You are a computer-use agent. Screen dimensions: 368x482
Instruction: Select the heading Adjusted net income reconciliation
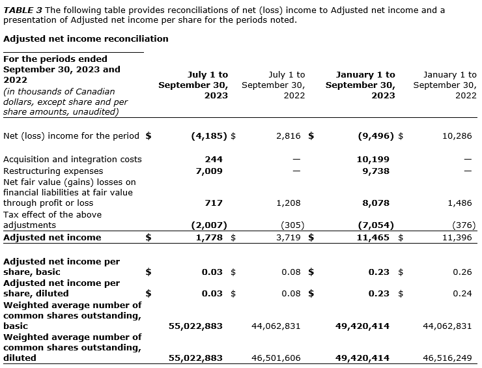[86, 38]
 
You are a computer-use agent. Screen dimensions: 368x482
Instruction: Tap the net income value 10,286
[457, 136]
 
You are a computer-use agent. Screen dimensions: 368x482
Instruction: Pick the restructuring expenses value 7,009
[209, 171]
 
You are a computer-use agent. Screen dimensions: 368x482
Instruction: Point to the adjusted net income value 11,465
[376, 238]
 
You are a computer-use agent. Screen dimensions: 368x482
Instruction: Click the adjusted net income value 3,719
[288, 238]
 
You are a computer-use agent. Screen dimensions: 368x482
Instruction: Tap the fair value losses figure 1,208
[288, 203]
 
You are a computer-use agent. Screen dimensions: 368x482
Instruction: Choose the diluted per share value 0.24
[462, 294]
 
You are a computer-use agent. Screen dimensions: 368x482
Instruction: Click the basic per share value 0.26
[462, 272]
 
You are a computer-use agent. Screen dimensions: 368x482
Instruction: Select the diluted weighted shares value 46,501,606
[276, 358]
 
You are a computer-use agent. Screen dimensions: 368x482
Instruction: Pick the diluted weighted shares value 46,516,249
[447, 358]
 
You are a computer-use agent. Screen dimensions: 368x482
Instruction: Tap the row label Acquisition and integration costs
[72, 159]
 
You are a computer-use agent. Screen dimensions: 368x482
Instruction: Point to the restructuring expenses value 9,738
[376, 171]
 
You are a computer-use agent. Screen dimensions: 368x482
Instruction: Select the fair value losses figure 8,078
[376, 203]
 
